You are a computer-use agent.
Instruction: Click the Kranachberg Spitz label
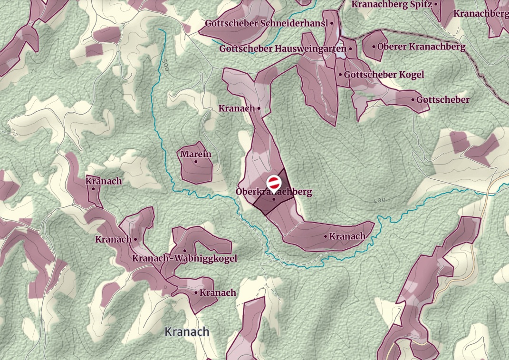click(x=391, y=4)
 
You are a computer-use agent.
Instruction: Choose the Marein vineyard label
click(x=196, y=154)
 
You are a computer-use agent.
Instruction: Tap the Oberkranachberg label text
click(x=274, y=192)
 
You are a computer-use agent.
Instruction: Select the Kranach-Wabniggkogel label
click(x=184, y=258)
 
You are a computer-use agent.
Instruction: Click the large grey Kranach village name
click(x=187, y=331)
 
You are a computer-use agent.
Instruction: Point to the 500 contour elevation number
click(x=165, y=66)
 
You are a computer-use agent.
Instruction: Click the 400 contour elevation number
click(x=379, y=201)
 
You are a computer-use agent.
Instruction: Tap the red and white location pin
click(x=273, y=183)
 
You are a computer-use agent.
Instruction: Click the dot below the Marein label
click(x=196, y=161)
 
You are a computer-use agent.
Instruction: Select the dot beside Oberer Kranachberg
click(x=374, y=47)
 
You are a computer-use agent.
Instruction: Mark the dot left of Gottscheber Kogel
click(x=340, y=75)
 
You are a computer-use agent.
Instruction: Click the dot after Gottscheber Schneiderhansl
click(x=332, y=23)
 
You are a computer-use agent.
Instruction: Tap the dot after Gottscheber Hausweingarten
click(x=350, y=49)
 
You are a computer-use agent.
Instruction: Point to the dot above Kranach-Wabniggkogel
click(x=184, y=251)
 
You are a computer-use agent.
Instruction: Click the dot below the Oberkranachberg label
click(x=274, y=199)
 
